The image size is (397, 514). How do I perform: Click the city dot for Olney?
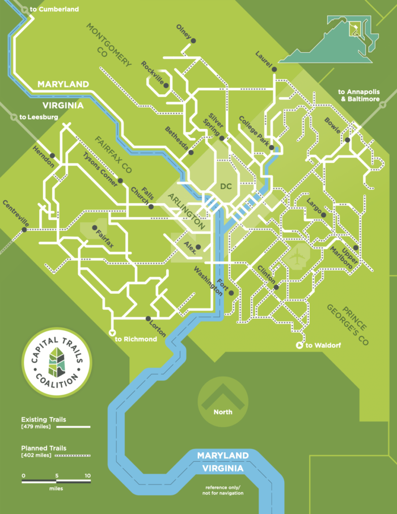[x=193, y=40]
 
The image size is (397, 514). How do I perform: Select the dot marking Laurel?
[x=274, y=69]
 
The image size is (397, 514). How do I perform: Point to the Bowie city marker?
[x=347, y=138]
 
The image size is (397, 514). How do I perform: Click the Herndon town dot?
[x=52, y=155]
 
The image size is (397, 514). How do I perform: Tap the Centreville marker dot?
[x=24, y=230]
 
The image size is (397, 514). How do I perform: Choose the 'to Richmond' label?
[x=136, y=339]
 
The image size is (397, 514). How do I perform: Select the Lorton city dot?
[x=148, y=318]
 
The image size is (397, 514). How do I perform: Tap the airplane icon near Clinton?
[x=296, y=257]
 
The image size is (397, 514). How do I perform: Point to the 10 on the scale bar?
[x=87, y=475]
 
